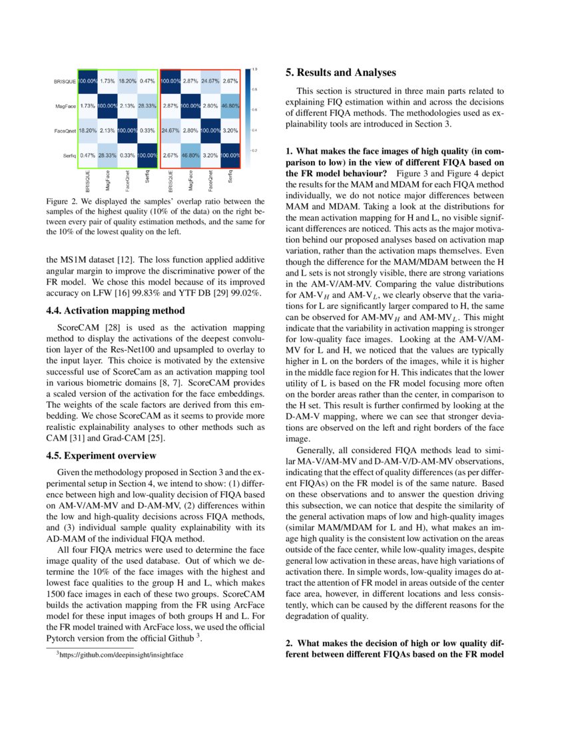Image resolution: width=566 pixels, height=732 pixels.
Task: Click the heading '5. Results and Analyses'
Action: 340,73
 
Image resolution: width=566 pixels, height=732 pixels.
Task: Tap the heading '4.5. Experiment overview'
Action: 101,456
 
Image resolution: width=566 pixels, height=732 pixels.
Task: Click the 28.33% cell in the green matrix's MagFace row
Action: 147,106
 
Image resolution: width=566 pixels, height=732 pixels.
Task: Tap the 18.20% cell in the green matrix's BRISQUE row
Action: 127,81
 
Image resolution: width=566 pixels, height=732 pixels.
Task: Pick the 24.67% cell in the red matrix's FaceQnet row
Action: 170,130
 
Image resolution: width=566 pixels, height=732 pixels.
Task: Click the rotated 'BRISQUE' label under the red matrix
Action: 169,182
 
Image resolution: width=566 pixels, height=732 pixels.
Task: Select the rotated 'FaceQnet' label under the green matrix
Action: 127,182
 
